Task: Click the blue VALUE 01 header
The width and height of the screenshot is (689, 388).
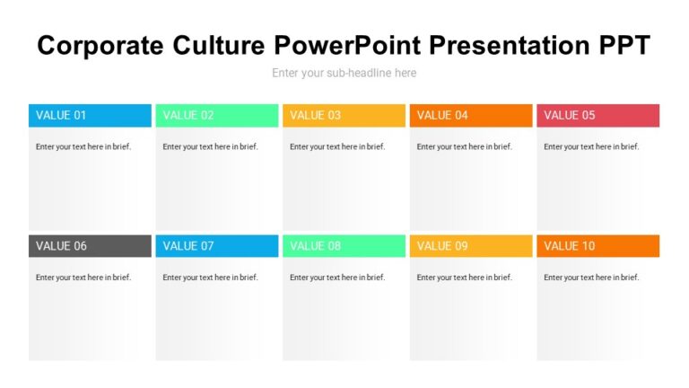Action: (90, 115)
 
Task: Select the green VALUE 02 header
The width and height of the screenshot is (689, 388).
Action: (216, 115)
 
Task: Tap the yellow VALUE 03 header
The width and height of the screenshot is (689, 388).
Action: (344, 115)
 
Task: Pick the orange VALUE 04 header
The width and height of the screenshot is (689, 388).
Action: (471, 115)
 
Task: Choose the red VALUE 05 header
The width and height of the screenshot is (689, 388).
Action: (597, 115)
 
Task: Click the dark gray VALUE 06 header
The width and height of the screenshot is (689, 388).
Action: (90, 246)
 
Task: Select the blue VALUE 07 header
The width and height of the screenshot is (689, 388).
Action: (216, 246)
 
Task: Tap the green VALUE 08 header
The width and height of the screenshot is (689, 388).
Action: (344, 246)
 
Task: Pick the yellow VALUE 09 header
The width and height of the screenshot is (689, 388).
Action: (471, 246)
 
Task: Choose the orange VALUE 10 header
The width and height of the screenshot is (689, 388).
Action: (597, 246)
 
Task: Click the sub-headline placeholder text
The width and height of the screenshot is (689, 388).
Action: (344, 73)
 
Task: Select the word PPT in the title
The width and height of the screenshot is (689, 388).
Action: (621, 45)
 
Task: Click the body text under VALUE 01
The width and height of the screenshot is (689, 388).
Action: (83, 146)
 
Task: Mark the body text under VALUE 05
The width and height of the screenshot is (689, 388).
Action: (591, 146)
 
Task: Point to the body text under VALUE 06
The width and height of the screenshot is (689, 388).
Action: (83, 278)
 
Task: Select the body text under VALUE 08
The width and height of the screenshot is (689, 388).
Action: (337, 278)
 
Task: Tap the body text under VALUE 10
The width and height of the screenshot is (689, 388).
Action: (591, 278)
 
